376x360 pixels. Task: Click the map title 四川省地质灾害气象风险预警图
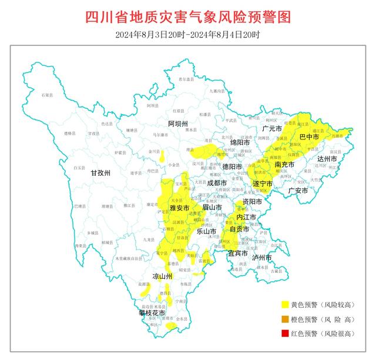click(x=188, y=17)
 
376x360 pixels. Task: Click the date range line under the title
click(x=188, y=35)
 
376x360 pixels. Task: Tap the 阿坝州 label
click(x=177, y=124)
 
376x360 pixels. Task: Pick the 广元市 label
click(x=273, y=128)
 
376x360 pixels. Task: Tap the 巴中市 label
click(x=309, y=136)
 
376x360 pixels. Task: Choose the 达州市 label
click(x=328, y=159)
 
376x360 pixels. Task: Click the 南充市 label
click(x=284, y=165)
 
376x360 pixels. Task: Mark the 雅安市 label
click(x=179, y=208)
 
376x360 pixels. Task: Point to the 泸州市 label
click(x=261, y=258)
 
